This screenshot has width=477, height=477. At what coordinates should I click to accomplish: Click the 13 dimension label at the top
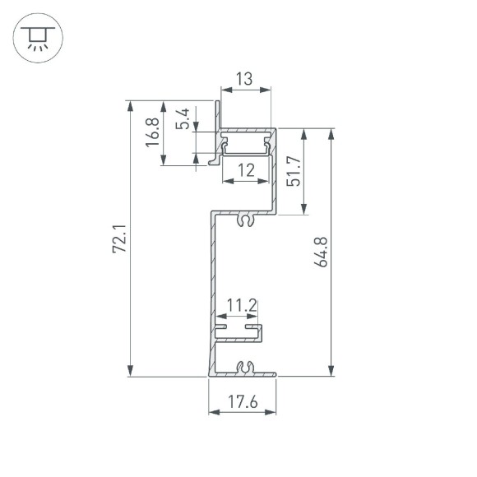click(x=244, y=81)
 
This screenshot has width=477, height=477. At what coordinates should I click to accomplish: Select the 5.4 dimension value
click(x=184, y=120)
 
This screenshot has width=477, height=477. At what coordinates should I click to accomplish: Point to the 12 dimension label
click(x=245, y=171)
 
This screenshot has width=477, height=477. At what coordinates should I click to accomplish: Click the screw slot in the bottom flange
click(x=243, y=368)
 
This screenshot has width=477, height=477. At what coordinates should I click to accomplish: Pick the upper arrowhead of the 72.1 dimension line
click(x=129, y=104)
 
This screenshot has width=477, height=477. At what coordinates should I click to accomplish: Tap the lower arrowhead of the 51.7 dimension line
click(x=306, y=211)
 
